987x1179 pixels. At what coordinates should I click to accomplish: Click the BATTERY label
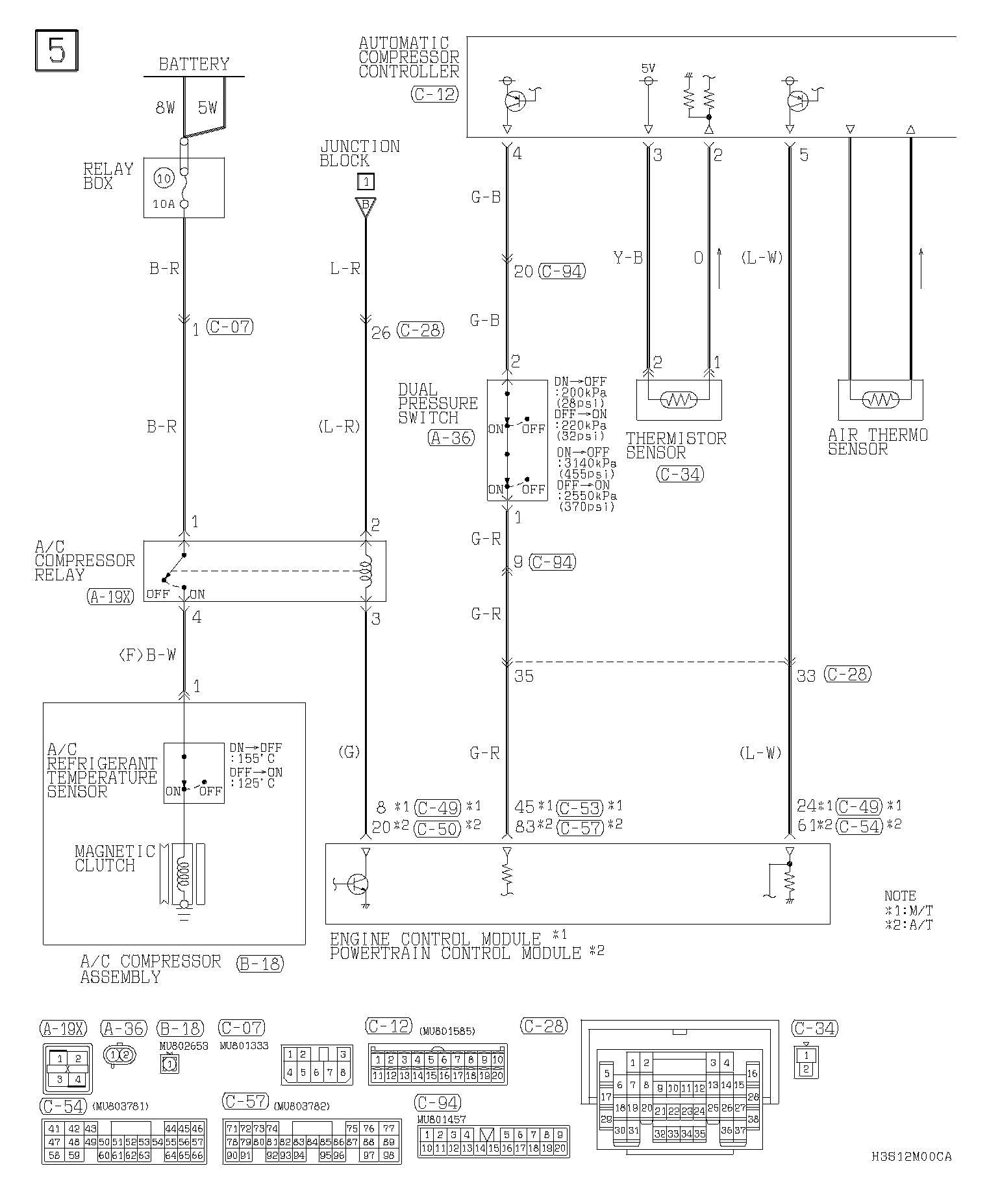coord(194,64)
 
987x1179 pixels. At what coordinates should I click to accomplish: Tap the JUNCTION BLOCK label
coord(359,154)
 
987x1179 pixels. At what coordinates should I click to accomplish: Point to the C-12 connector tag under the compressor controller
coord(434,94)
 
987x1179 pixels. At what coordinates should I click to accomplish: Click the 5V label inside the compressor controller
coord(647,68)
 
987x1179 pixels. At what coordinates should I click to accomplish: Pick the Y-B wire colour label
coord(627,258)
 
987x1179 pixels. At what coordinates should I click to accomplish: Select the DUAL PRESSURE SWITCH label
coord(437,404)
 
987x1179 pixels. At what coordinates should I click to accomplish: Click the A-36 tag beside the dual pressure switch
coord(451,438)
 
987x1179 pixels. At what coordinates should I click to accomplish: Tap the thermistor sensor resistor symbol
coord(679,400)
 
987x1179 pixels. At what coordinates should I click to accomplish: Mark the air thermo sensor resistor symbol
coord(880,400)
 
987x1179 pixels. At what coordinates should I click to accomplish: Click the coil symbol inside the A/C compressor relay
coord(366,571)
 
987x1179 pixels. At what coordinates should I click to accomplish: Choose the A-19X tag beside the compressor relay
coord(110,597)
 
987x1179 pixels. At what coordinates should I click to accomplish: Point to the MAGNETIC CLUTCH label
coord(114,858)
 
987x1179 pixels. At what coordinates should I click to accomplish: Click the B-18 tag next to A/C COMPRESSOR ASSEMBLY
coord(260,963)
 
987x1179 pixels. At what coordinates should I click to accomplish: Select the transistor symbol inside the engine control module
coord(357,884)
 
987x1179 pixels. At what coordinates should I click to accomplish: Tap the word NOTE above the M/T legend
coord(900,896)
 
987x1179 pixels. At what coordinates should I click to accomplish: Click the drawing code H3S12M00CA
coord(912,1156)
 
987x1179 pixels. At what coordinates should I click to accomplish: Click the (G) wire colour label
coord(349,752)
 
